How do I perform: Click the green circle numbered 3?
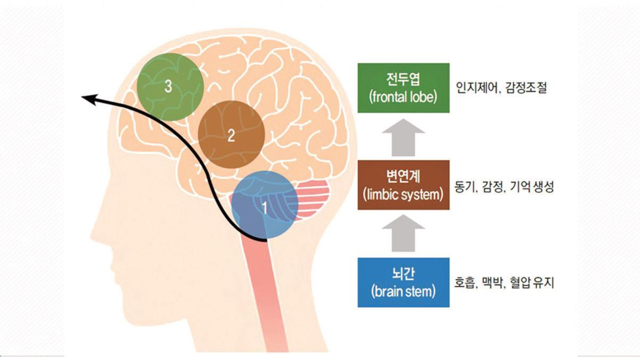(x=170, y=87)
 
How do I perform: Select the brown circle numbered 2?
(x=231, y=135)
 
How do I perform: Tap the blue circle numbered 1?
(x=265, y=205)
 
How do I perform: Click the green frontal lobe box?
(x=403, y=88)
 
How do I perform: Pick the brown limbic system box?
(x=403, y=185)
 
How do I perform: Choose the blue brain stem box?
(x=403, y=282)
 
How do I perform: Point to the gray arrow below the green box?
(x=403, y=137)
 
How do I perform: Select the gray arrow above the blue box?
(x=403, y=233)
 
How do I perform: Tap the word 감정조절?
(x=526, y=88)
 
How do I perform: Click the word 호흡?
(x=464, y=283)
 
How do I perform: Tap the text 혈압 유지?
(x=532, y=283)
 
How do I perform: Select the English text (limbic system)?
(x=403, y=195)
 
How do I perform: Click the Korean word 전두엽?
(x=403, y=79)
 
